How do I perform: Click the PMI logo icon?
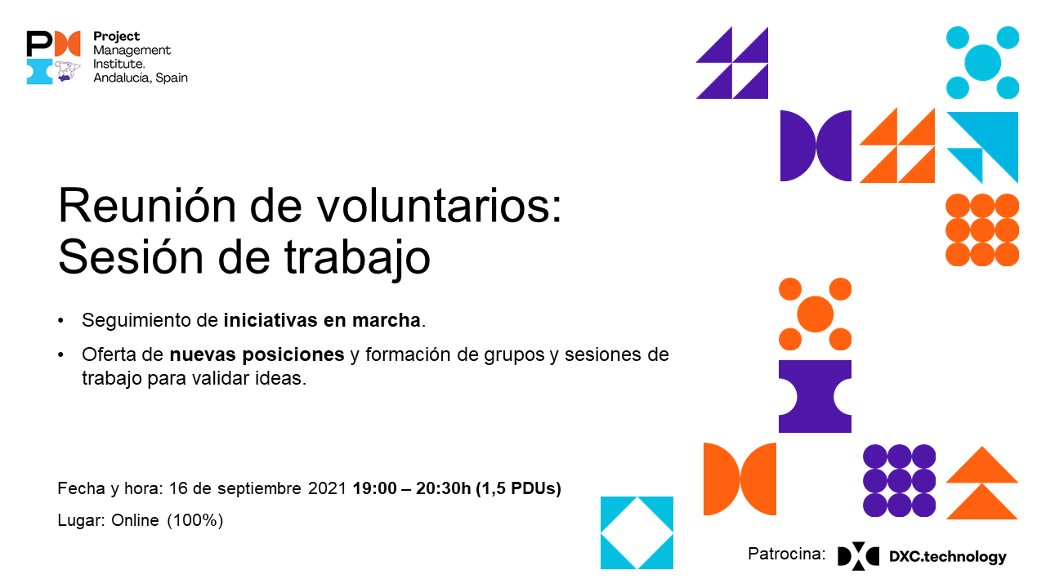click(x=53, y=57)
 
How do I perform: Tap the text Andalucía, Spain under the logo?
click(x=141, y=78)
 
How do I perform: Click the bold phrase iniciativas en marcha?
click(x=322, y=320)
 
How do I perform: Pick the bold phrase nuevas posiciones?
click(x=257, y=355)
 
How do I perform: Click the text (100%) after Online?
click(x=195, y=520)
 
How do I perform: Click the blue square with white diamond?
click(x=637, y=532)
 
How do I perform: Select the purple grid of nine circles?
click(x=899, y=480)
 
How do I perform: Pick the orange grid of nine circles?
click(x=982, y=229)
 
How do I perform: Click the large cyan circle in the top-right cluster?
click(x=982, y=62)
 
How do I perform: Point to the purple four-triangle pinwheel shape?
click(x=732, y=63)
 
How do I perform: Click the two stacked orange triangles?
click(x=982, y=483)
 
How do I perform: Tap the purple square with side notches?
click(x=815, y=396)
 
